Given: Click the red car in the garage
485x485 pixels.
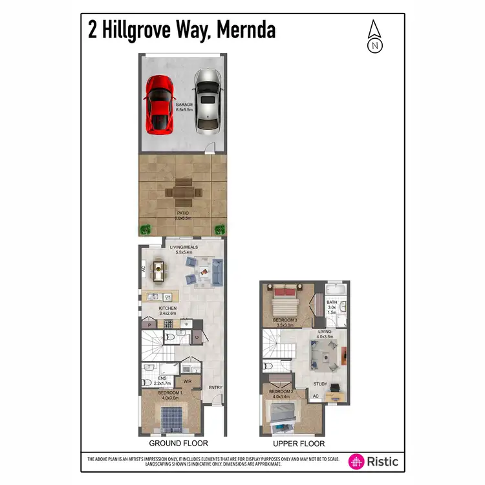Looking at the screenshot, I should (x=158, y=104).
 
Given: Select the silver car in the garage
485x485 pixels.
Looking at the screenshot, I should (x=206, y=100).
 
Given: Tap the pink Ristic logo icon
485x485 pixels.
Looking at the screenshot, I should (x=356, y=462).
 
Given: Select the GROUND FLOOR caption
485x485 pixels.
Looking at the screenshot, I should (x=178, y=444).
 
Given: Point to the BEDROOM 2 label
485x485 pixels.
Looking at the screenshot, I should (x=281, y=392).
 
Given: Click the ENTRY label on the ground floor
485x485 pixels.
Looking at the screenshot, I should (x=215, y=387).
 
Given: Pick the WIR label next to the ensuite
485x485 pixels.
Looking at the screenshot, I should (x=187, y=381).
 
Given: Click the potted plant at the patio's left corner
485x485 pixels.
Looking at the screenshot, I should (x=145, y=228).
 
